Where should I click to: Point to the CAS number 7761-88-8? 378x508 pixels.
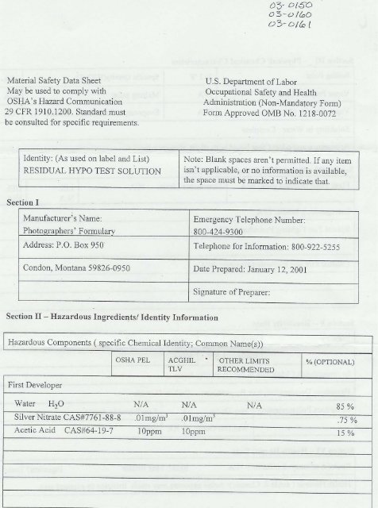(104, 418)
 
